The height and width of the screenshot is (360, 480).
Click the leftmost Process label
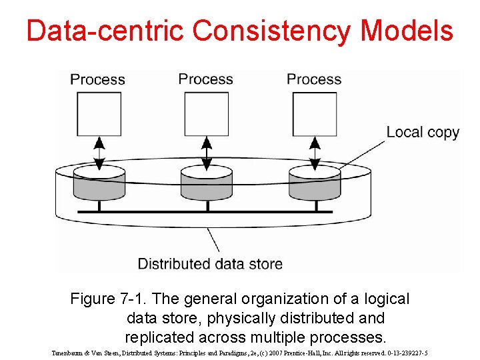(x=97, y=80)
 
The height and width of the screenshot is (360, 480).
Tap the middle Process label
(x=205, y=79)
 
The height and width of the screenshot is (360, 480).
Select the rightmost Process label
(x=314, y=79)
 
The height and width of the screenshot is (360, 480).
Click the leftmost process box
(x=99, y=113)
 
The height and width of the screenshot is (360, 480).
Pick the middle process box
(x=207, y=113)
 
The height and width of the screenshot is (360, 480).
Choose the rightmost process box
(x=315, y=113)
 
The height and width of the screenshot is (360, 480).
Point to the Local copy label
(x=423, y=132)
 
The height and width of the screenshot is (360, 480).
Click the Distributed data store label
(x=210, y=264)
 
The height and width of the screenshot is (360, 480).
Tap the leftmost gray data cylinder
(x=99, y=183)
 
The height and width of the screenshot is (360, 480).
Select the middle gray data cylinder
(x=207, y=183)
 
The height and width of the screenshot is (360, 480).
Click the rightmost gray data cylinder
(x=315, y=183)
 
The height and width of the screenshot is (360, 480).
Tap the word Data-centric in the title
(x=105, y=31)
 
